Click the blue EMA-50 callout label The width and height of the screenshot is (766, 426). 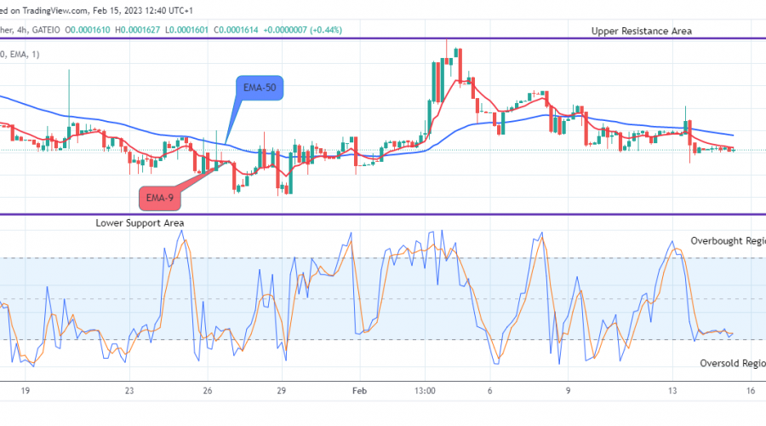point(260,88)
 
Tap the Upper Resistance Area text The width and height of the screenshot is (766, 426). point(642,31)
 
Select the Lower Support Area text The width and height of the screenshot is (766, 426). point(140,222)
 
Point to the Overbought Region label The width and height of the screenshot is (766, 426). point(728,241)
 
